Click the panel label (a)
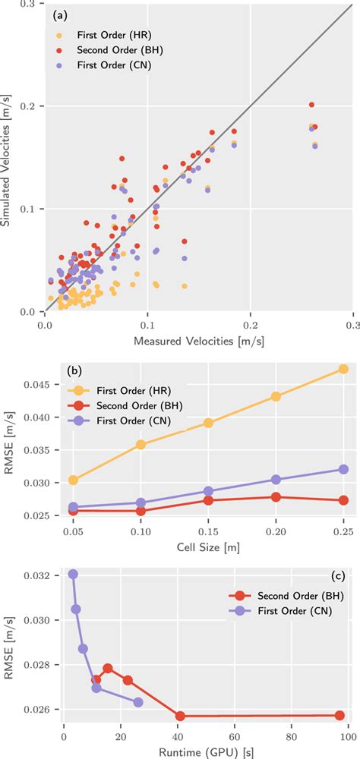click(x=62, y=15)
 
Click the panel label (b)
click(x=76, y=372)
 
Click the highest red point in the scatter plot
click(x=311, y=105)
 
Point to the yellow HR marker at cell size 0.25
click(x=343, y=369)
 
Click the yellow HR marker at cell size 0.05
click(x=73, y=480)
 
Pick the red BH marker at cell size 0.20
click(x=276, y=497)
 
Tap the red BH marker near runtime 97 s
click(x=339, y=715)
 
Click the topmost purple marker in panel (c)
click(x=73, y=574)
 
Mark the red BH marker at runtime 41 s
click(x=180, y=716)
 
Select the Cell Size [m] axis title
click(x=208, y=545)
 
